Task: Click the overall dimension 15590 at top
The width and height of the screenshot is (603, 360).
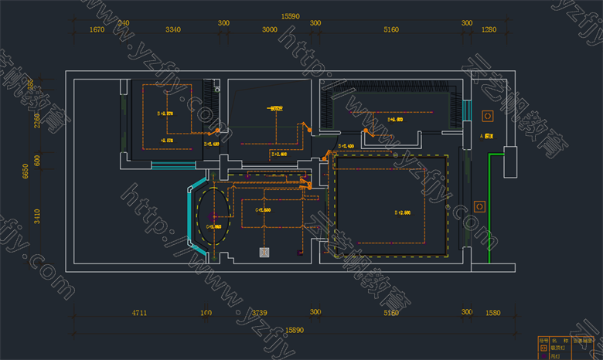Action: tap(290, 15)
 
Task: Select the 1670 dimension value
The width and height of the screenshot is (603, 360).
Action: tap(97, 30)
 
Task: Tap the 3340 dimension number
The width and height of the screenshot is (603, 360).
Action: tap(172, 30)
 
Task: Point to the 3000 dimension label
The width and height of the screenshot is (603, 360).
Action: tap(269, 30)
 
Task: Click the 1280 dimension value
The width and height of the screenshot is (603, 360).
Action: tap(488, 30)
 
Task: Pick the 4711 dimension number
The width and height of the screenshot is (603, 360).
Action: tap(139, 313)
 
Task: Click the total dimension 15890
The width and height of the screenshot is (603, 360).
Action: tap(295, 330)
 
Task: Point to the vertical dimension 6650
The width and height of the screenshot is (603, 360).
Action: tap(26, 170)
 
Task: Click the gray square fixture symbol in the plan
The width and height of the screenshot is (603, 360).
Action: tap(264, 252)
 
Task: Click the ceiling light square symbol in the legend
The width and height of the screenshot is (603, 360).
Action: tap(543, 348)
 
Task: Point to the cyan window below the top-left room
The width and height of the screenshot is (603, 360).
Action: tap(168, 165)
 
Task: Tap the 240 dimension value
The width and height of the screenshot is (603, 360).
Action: tap(122, 23)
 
